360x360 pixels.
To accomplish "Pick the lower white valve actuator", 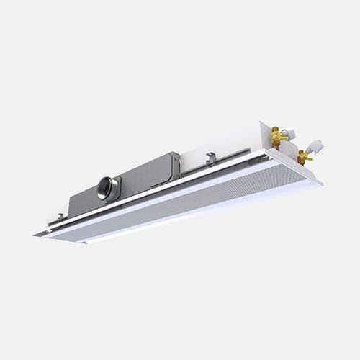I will click(x=315, y=148).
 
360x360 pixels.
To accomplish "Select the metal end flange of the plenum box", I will click(x=175, y=165).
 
